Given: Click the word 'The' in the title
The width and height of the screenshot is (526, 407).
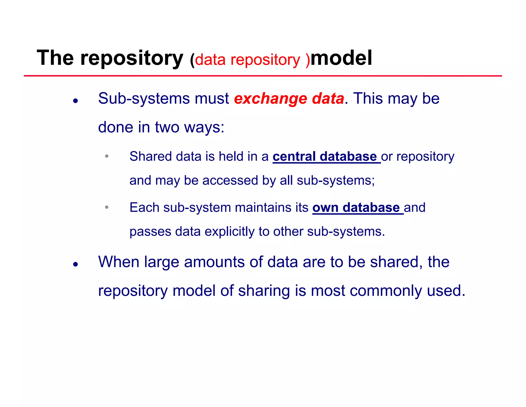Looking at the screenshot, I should tap(55, 58).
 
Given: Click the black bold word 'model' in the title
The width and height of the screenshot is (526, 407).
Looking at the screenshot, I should tap(341, 58).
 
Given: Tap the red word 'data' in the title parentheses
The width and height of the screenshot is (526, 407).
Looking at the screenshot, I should tap(210, 60).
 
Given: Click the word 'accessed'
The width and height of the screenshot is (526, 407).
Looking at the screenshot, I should tap(230, 180).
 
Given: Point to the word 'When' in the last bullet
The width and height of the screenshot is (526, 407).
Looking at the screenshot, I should tap(119, 262).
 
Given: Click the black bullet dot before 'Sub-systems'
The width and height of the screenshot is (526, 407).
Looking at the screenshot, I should tap(75, 101).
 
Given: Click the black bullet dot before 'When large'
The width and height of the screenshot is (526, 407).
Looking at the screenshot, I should tap(75, 264).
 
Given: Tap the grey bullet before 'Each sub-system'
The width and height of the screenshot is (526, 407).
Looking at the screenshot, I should tap(107, 207).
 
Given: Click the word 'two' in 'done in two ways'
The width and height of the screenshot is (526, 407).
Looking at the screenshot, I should tap(167, 127).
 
